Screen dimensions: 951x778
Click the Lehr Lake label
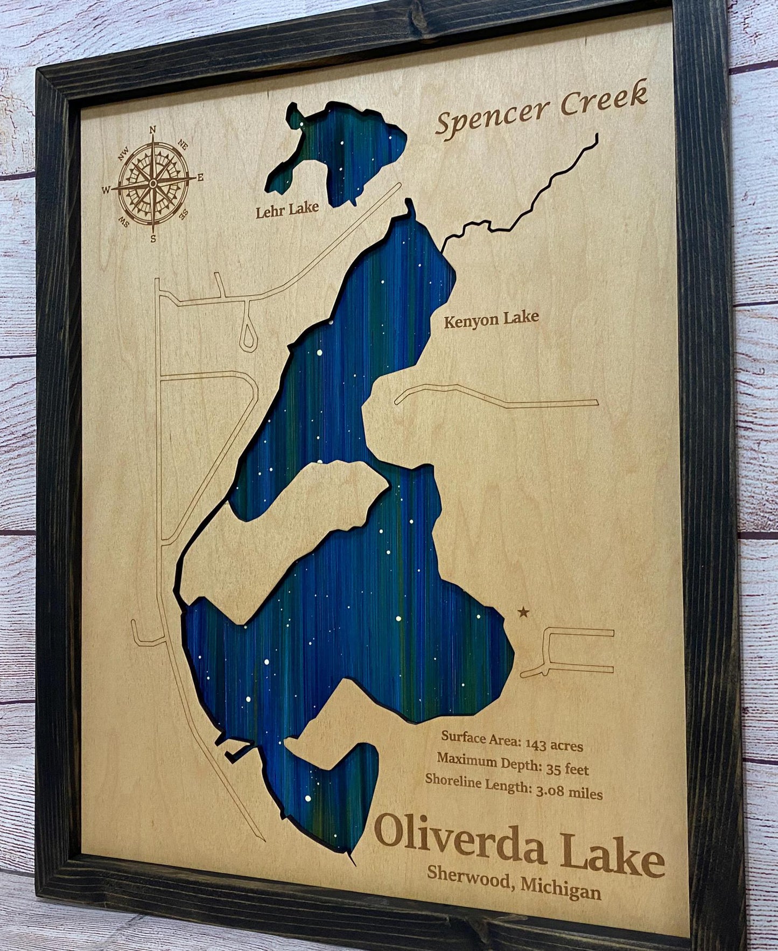[x=287, y=209]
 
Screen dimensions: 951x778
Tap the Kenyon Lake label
[x=490, y=319]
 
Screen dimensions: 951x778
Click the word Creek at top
[x=603, y=99]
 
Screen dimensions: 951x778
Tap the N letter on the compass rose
[x=152, y=129]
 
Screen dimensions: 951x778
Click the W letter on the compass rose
[x=106, y=189]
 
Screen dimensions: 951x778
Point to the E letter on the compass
[x=200, y=177]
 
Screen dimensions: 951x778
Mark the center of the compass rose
[x=153, y=184]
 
